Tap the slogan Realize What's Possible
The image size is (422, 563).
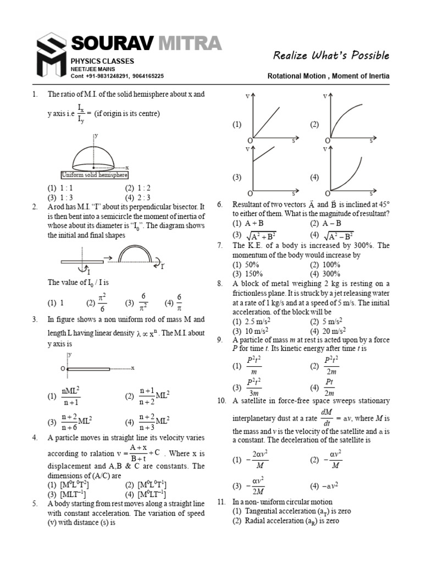(x=331, y=55)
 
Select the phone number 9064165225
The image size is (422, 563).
(x=145, y=76)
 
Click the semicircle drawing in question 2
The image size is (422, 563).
(x=134, y=253)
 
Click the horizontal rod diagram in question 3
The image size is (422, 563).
(x=98, y=368)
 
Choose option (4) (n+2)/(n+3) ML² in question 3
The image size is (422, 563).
(x=147, y=421)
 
